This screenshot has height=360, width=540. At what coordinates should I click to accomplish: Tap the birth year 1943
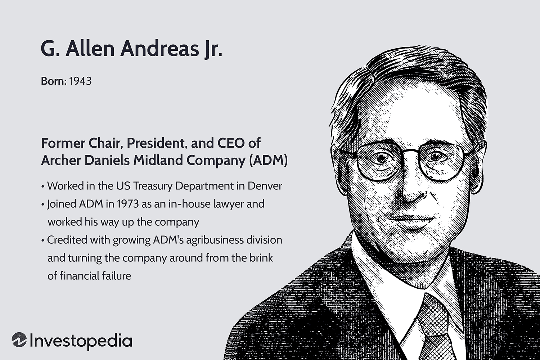point(80,81)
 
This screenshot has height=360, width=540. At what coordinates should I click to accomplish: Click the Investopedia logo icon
point(19,340)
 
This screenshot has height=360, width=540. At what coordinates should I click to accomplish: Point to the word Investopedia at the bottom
point(81,341)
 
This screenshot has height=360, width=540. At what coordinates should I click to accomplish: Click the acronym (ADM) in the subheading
point(268,160)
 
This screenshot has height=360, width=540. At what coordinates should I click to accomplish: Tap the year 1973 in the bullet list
point(127,204)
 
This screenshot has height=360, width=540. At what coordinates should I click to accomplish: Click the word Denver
point(265,186)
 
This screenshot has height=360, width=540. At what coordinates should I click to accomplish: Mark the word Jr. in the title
point(210,49)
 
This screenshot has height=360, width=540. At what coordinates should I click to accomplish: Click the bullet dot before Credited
point(43,240)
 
